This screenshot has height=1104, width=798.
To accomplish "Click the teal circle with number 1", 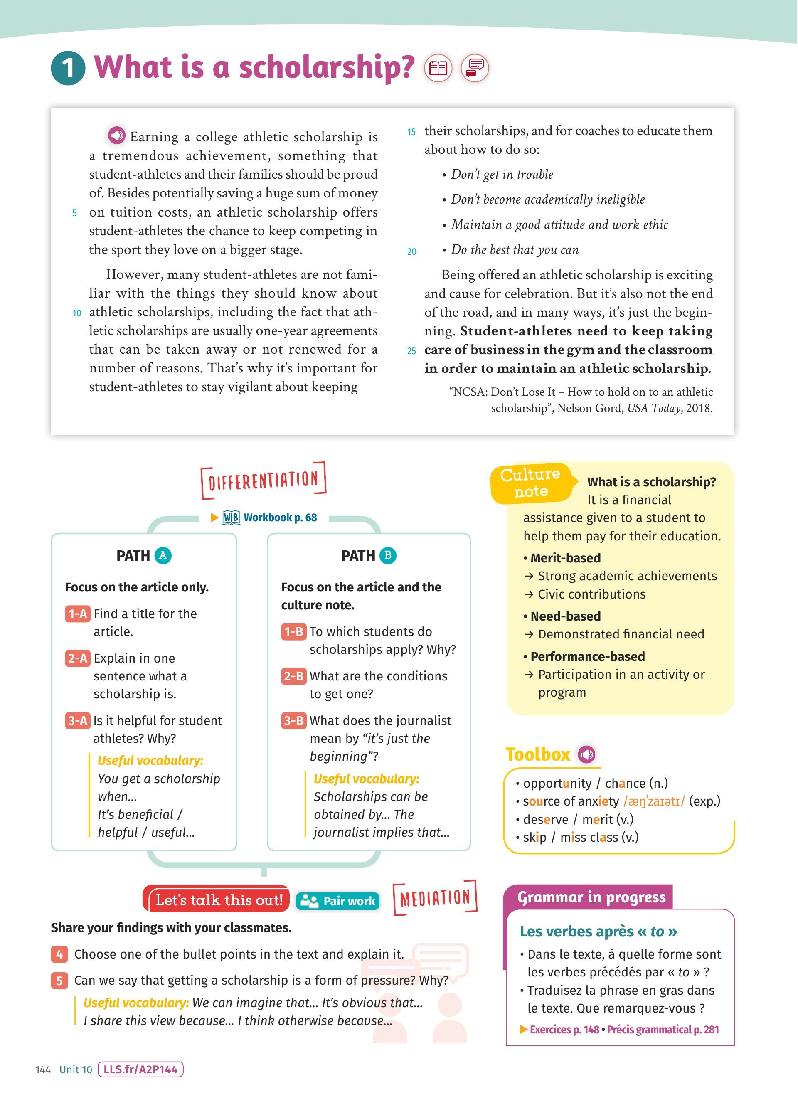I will (68, 68).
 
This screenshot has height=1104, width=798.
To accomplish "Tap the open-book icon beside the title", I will (438, 68).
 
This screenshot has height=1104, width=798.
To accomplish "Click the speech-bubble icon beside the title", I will (475, 68).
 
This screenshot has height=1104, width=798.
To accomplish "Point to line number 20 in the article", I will (411, 251).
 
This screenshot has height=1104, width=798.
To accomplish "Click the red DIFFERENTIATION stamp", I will (263, 481).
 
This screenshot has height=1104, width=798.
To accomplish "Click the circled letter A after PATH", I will (163, 555).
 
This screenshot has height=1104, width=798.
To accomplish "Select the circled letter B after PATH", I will (388, 555).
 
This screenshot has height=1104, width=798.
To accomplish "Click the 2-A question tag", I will (77, 658).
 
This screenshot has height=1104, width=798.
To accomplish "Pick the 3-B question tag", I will (293, 720).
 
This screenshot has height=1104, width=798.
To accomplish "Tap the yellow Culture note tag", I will (531, 483).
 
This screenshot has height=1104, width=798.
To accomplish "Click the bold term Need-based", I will (565, 616).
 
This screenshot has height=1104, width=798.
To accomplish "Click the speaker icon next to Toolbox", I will (586, 754).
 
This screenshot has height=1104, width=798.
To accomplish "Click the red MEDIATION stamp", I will (435, 898).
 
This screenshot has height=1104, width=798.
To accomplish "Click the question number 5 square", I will (59, 981).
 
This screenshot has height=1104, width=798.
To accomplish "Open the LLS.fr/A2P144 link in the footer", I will (140, 1069).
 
